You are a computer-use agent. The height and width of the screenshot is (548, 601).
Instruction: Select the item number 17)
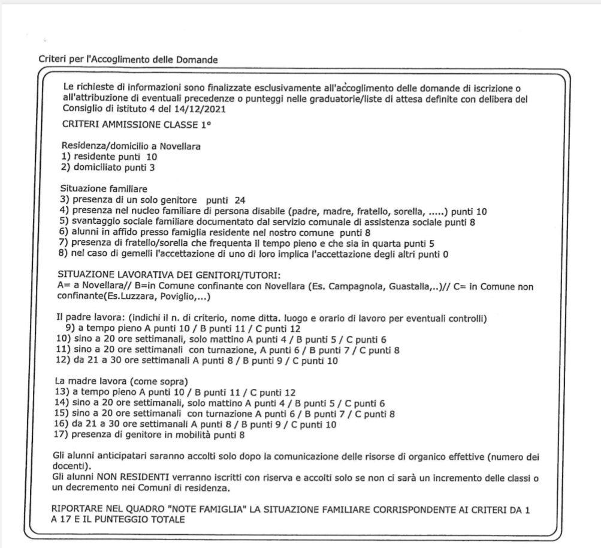point(68,435)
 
